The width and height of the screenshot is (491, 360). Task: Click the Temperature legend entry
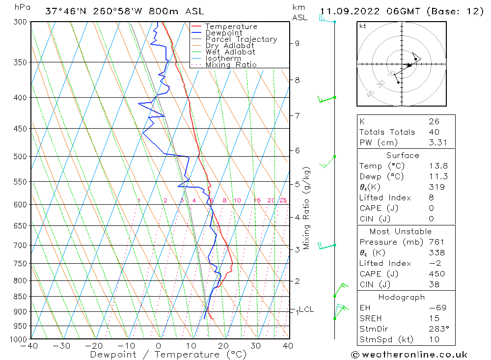(x=231, y=27)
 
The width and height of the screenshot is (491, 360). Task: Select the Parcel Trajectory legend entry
(x=241, y=39)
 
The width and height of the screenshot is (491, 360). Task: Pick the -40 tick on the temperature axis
(x=30, y=346)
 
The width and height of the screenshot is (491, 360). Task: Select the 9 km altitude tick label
(x=297, y=43)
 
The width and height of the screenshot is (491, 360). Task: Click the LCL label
(x=306, y=309)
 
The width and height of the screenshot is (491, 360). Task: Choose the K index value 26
(x=434, y=121)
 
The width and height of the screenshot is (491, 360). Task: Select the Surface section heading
(x=403, y=156)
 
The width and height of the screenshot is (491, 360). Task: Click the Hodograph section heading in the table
(x=402, y=297)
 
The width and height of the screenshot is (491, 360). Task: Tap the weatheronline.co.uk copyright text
(x=409, y=355)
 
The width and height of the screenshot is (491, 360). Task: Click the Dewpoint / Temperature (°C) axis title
(x=168, y=355)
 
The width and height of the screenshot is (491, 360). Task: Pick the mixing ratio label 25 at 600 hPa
(x=283, y=200)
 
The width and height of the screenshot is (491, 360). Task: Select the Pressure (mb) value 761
(x=436, y=242)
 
